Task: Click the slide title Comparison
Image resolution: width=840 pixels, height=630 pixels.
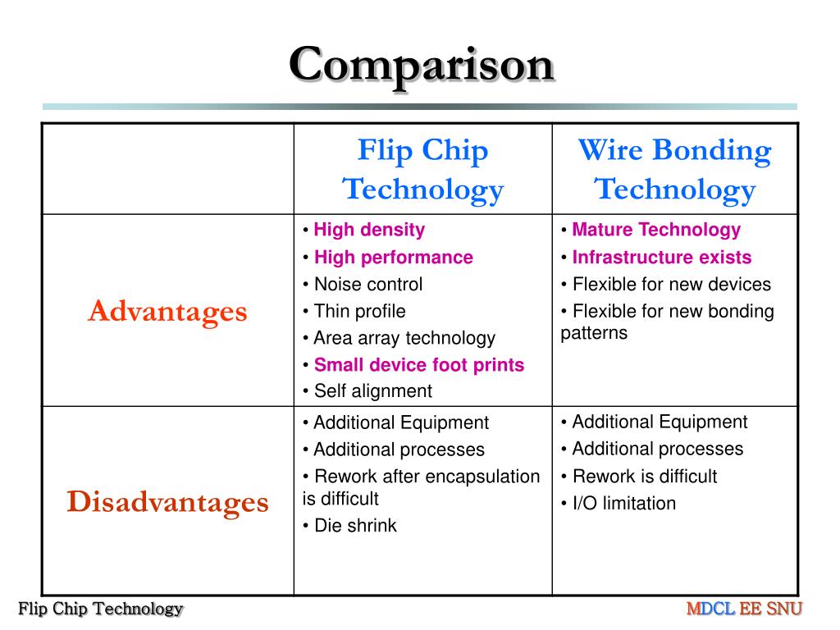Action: tap(421, 65)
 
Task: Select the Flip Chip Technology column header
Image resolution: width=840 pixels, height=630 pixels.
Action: tap(422, 170)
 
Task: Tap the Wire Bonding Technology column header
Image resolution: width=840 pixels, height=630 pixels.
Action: tap(674, 170)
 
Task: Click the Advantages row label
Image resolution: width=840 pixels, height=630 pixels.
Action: tap(167, 311)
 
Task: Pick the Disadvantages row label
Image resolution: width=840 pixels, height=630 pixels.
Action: tap(167, 501)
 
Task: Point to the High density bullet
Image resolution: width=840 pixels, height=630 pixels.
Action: tap(368, 230)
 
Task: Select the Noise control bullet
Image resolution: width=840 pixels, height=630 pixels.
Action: tap(367, 284)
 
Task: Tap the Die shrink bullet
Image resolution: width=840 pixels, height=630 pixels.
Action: tap(354, 526)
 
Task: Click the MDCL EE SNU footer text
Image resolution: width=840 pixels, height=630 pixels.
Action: tap(744, 609)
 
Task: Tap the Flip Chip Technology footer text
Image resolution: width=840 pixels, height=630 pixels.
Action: tap(101, 609)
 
